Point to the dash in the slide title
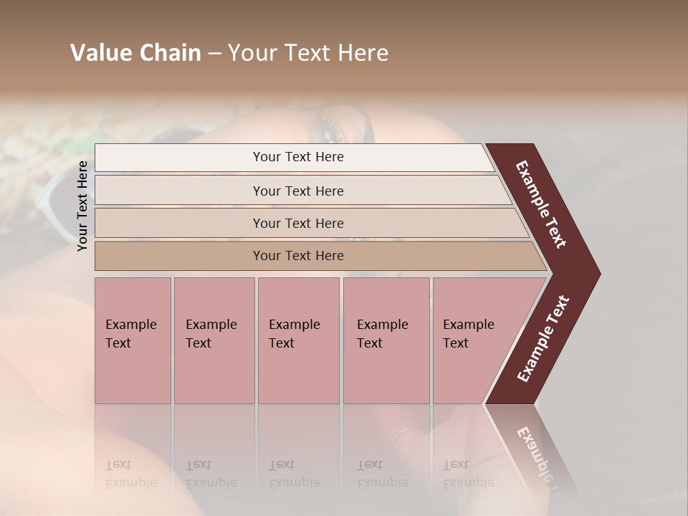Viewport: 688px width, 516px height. pos(214,54)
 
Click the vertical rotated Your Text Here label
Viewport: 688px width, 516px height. pos(82,206)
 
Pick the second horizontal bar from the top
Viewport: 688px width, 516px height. pos(298,191)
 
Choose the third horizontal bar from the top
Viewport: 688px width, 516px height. pos(298,223)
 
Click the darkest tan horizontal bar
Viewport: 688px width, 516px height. pos(298,256)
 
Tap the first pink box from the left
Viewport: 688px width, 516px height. pos(133,340)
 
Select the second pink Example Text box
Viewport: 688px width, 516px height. pos(214,340)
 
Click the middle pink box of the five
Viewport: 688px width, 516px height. pos(298,340)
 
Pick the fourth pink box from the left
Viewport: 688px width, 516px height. pos(386,340)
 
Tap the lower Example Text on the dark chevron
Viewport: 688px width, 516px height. pos(543,338)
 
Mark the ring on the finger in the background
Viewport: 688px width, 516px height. pos(406,433)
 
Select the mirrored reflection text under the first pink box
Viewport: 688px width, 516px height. pos(131,474)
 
